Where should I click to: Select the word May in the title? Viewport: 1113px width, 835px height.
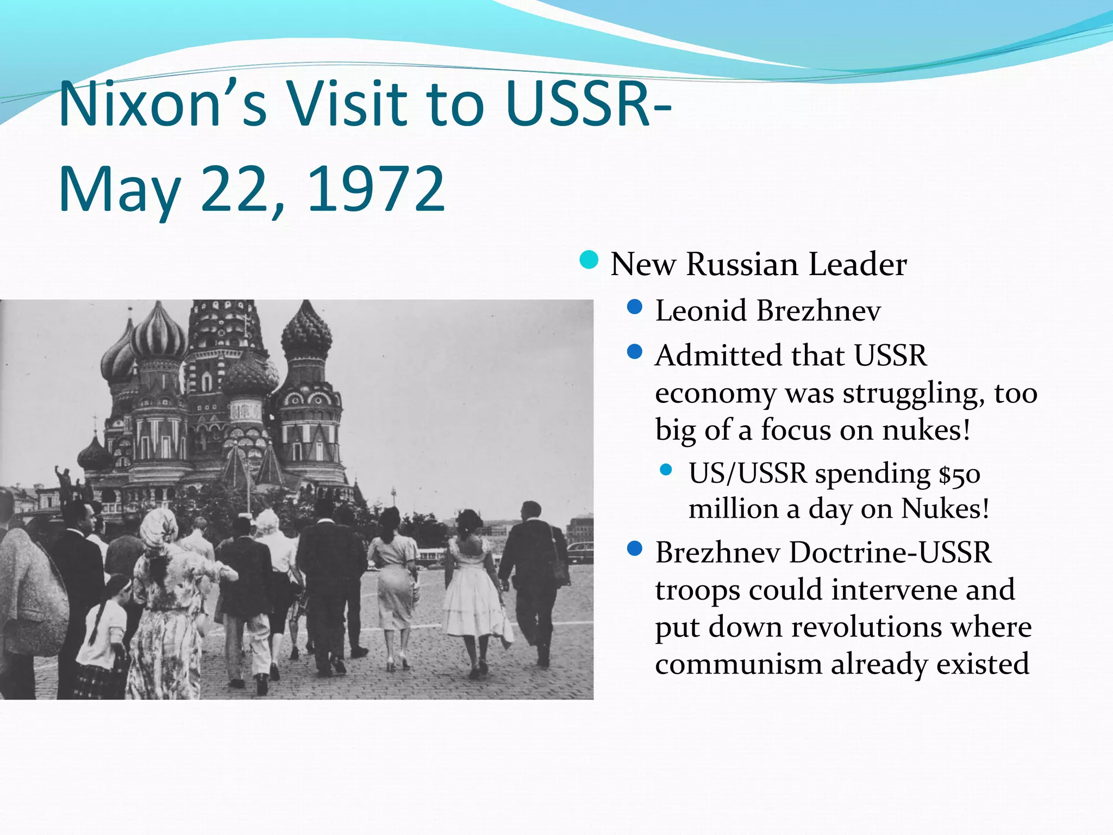click(120, 190)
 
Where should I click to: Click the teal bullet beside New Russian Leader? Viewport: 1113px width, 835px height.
click(589, 260)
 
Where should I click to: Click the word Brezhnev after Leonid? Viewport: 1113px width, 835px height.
click(818, 310)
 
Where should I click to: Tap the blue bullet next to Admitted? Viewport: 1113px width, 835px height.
click(634, 352)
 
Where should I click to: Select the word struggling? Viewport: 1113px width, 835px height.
click(913, 394)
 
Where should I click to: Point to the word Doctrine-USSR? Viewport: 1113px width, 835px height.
click(890, 552)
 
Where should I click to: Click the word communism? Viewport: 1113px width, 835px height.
click(739, 664)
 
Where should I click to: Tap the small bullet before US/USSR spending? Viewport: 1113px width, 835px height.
click(666, 470)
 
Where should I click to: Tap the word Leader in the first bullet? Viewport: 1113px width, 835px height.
click(858, 265)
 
